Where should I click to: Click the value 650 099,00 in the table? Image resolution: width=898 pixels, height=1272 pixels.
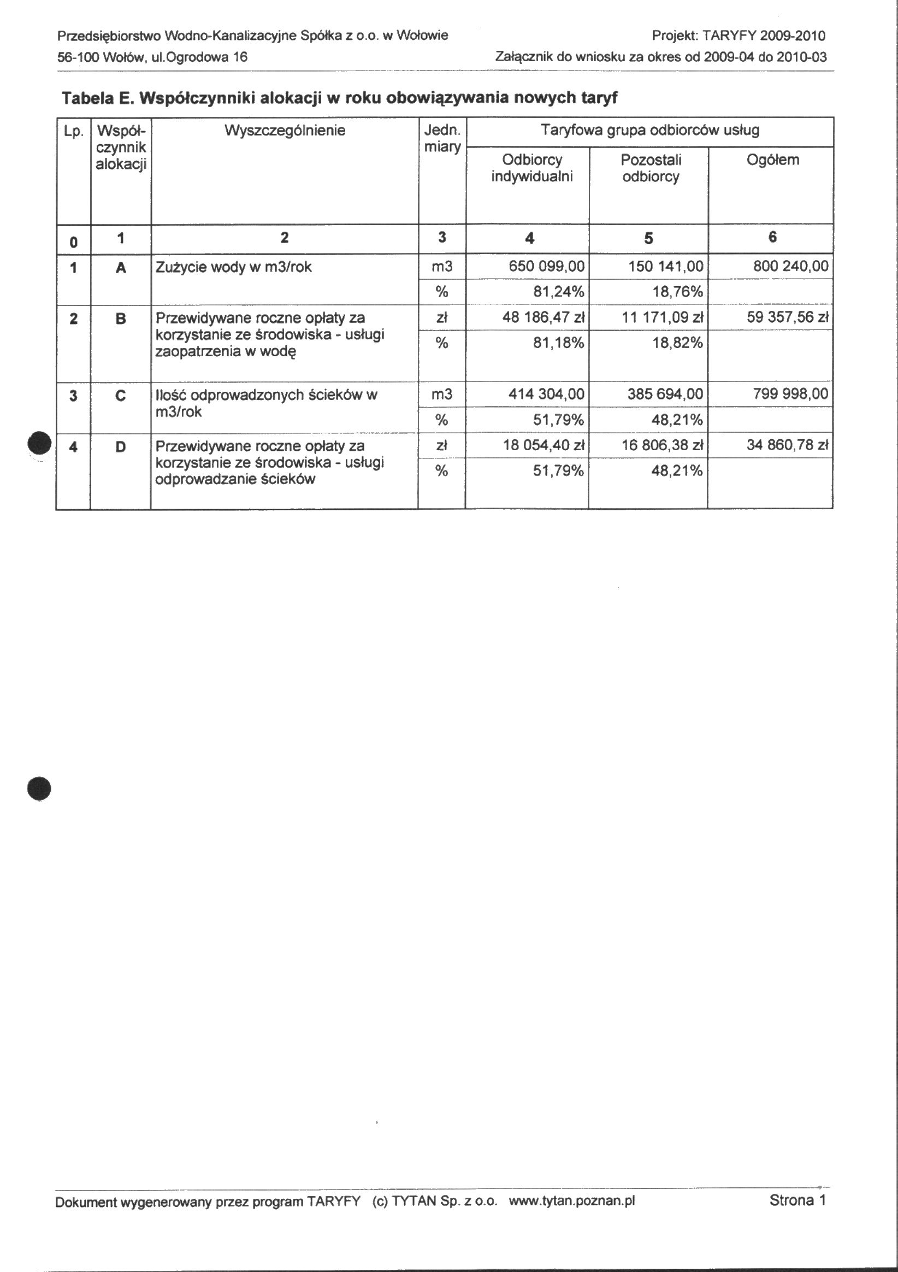[546, 267]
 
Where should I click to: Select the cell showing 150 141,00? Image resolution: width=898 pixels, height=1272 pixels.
[665, 267]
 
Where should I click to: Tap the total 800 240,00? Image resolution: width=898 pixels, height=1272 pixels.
[790, 267]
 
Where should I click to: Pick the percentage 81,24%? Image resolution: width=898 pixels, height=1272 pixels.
[558, 291]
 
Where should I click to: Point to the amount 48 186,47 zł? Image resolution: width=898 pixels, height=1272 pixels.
[543, 317]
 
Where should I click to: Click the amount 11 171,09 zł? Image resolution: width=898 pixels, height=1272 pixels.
[662, 317]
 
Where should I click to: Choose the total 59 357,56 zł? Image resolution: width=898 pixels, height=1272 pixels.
[787, 317]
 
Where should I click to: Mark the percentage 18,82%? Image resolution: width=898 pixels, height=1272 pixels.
[677, 343]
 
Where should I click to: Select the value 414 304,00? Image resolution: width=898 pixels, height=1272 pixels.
[546, 394]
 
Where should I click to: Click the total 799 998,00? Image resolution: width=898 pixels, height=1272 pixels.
[790, 394]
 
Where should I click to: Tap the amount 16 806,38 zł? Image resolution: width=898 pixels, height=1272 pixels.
[662, 445]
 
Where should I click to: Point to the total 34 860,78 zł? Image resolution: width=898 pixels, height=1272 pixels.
[787, 445]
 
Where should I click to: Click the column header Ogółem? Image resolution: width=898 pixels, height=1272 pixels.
[773, 160]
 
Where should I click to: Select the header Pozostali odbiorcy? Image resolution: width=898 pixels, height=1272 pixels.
[651, 168]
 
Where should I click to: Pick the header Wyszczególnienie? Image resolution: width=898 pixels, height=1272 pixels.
[285, 131]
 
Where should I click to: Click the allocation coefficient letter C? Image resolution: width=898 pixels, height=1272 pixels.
[121, 396]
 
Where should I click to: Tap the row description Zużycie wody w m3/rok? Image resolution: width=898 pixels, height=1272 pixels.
[233, 267]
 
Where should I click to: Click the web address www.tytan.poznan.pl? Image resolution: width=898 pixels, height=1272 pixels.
[571, 1201]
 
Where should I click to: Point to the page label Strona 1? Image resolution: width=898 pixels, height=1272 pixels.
[797, 1200]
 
